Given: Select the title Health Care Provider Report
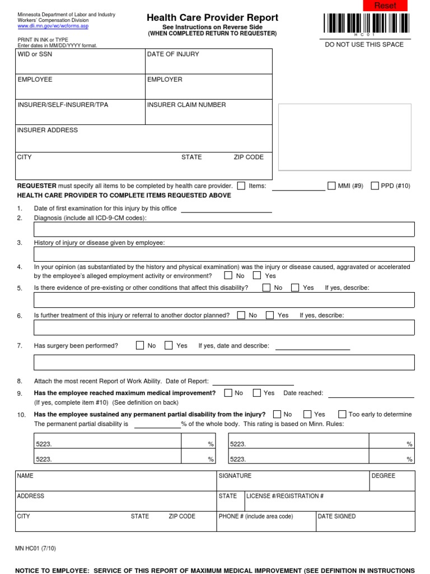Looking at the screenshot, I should [x=212, y=18].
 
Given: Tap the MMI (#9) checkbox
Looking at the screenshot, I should [x=331, y=186].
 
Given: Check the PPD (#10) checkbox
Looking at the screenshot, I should [x=375, y=186].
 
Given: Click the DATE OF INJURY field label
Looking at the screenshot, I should [x=172, y=54].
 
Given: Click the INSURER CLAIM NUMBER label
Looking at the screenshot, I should [x=186, y=105].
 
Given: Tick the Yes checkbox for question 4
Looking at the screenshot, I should [x=257, y=276].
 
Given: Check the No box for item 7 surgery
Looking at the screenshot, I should [x=140, y=346].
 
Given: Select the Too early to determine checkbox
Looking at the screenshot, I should [x=342, y=414].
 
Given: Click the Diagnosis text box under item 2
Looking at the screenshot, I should [x=224, y=230].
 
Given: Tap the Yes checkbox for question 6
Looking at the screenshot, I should [x=270, y=315].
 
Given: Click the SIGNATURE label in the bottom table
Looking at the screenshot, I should [x=235, y=476].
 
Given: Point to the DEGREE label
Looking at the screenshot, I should [x=383, y=476].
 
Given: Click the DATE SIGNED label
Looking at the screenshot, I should [x=336, y=516].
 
